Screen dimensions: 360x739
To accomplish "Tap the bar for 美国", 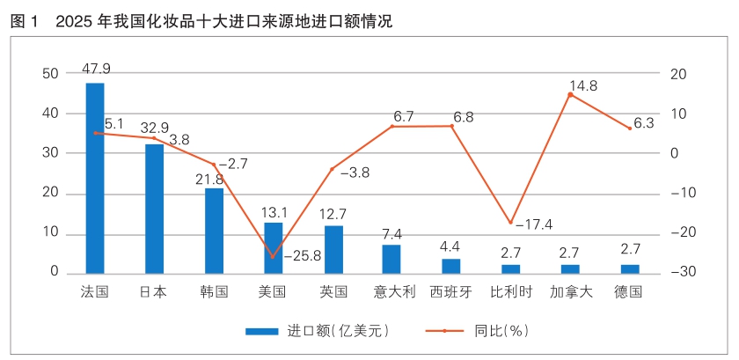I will (x=273, y=247).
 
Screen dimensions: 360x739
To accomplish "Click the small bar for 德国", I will (x=630, y=268).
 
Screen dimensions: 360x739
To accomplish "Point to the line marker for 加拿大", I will (x=570, y=94).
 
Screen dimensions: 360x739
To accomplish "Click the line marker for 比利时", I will (x=510, y=223).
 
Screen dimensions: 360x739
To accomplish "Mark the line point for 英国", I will (x=332, y=169).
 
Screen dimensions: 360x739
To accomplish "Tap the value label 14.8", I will (x=583, y=85).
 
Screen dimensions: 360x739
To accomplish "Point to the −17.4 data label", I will (x=534, y=224).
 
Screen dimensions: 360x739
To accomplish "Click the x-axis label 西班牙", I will (x=451, y=291).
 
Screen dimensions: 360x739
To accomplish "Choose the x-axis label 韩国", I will (x=214, y=291).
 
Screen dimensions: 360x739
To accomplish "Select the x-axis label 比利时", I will (x=510, y=291).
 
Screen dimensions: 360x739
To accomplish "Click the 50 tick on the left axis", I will (x=50, y=74).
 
